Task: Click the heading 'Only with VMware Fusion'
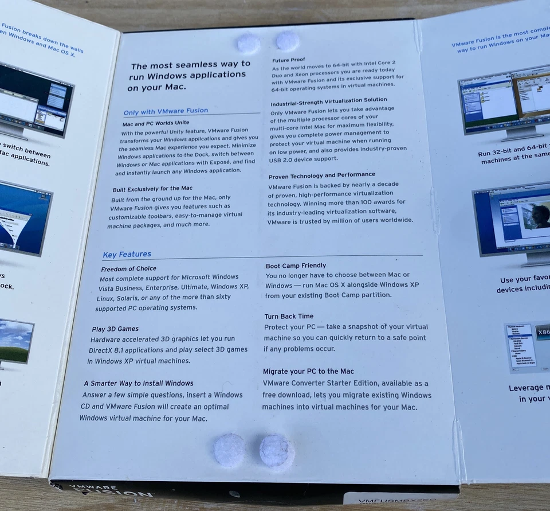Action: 166,111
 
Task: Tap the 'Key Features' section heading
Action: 127,254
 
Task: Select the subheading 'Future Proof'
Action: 288,60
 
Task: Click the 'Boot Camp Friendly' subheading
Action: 296,266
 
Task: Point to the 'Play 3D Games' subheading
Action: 115,329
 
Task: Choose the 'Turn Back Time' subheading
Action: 289,316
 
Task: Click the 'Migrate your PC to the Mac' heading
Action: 308,371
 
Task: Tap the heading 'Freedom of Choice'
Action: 128,268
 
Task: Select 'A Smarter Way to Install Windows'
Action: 138,383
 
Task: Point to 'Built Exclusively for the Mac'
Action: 152,188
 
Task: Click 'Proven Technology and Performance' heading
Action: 321,175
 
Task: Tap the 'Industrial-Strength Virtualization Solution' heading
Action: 328,100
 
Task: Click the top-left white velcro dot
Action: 249,44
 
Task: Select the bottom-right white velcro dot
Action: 277,451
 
